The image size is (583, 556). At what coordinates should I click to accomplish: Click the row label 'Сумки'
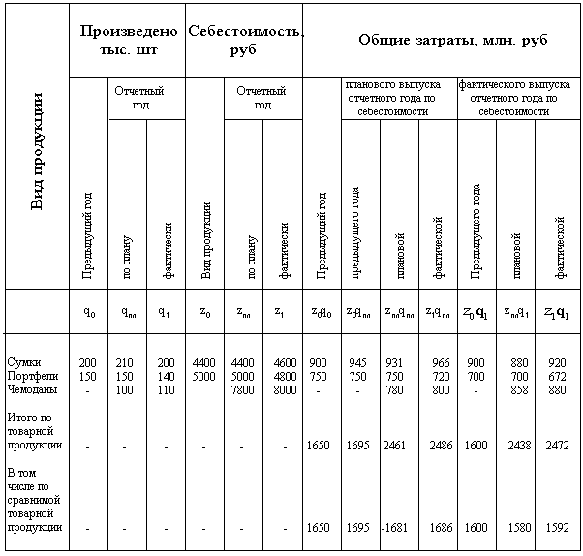click(x=22, y=362)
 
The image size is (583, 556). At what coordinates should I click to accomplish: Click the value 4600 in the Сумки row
click(x=283, y=362)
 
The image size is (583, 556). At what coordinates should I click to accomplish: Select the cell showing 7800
click(x=243, y=389)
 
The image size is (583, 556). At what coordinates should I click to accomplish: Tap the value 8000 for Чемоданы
click(x=283, y=389)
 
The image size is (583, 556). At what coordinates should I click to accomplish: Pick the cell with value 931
click(x=394, y=362)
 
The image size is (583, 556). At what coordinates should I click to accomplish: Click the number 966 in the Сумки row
click(x=441, y=362)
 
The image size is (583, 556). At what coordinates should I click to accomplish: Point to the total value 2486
click(x=440, y=446)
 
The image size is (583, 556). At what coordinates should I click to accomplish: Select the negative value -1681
click(x=393, y=528)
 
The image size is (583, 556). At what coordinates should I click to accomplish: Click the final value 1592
click(x=555, y=528)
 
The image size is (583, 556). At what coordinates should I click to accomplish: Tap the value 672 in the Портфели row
click(x=556, y=376)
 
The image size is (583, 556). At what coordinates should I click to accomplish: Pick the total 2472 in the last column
click(x=555, y=446)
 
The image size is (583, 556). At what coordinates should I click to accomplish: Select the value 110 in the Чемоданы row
click(x=166, y=389)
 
